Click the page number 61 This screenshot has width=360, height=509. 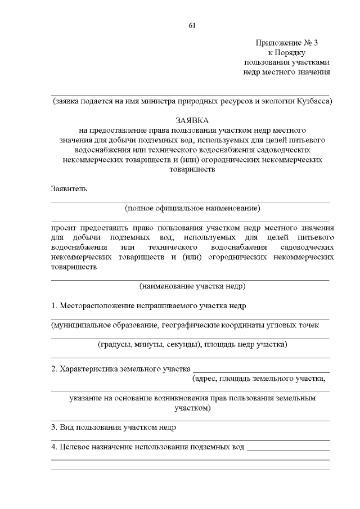coord(191,25)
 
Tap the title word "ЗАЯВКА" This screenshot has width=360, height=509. coord(191,120)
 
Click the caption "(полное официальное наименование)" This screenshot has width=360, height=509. coord(192,208)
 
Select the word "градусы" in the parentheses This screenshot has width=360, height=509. coord(116,344)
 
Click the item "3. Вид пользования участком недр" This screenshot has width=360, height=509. coord(114,427)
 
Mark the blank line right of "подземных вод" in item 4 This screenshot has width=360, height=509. coord(288,449)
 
